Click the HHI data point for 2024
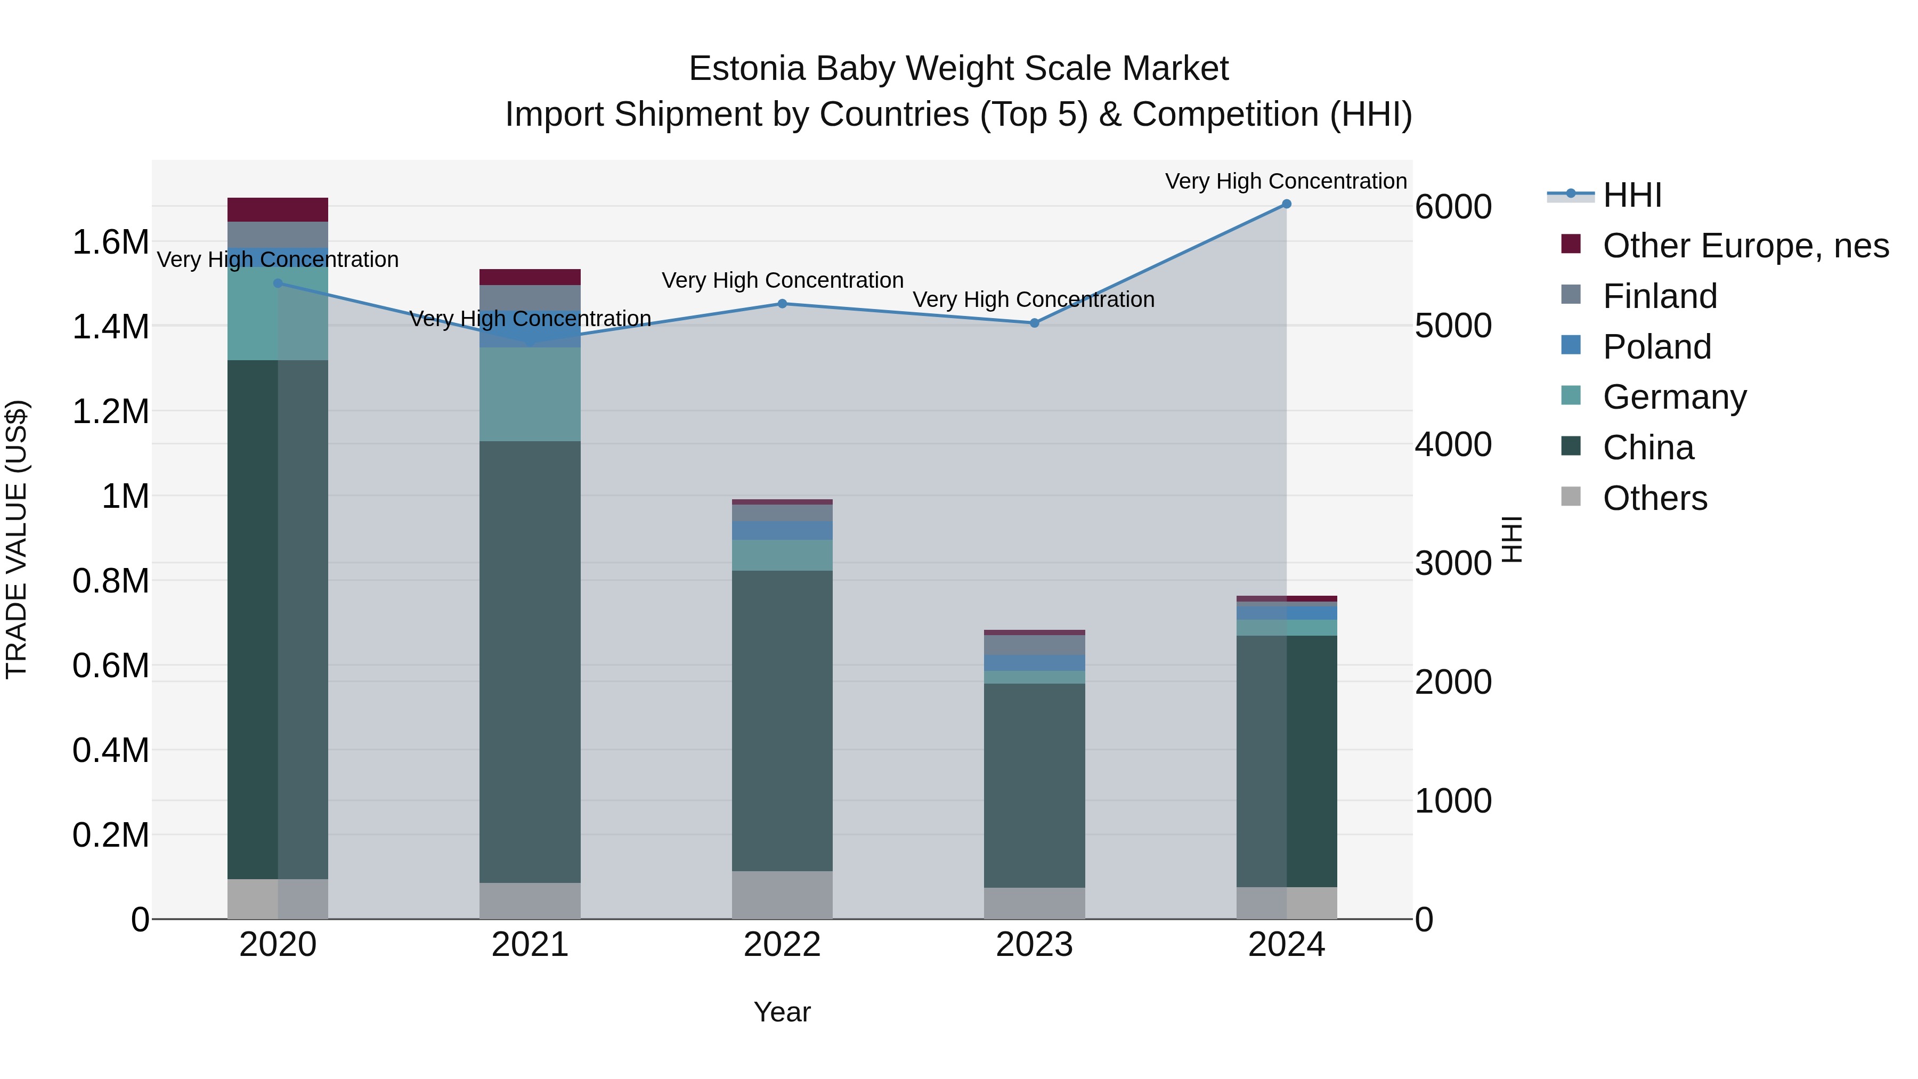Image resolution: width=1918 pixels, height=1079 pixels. [1286, 204]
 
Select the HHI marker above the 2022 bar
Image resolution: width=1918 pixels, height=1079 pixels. [782, 304]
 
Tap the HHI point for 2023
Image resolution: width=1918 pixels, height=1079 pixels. [1034, 323]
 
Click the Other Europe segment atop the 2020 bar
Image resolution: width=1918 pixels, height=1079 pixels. [278, 209]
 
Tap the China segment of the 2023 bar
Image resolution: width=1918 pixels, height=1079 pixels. [1034, 785]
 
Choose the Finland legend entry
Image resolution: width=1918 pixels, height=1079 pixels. [1659, 296]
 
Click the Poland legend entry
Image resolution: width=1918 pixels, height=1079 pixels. [1656, 347]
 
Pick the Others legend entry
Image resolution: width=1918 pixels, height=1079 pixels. [1654, 498]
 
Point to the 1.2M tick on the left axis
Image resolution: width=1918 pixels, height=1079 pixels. [110, 411]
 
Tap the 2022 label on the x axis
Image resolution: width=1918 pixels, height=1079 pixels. [782, 945]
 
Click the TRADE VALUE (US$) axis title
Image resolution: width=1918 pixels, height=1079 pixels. [17, 539]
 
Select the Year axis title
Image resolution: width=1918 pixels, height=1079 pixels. [782, 1012]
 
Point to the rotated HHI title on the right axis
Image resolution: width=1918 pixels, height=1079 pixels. [1511, 539]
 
